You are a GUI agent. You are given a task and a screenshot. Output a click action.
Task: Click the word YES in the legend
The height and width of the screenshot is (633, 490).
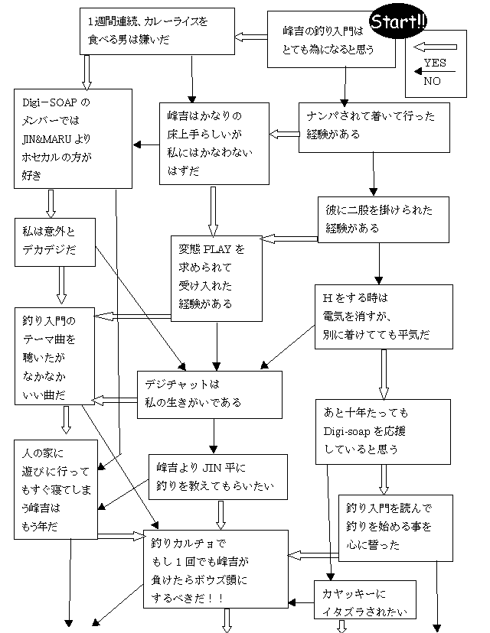(x=436, y=63)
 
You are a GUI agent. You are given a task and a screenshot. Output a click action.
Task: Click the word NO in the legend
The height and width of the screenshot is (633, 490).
(x=433, y=80)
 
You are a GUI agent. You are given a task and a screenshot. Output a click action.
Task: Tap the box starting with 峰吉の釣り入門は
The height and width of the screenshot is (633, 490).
(x=330, y=40)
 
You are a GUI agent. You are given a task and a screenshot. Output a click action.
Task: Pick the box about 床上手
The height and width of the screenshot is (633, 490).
(x=214, y=144)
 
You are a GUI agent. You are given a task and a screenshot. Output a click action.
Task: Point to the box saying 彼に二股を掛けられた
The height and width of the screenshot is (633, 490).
(x=383, y=219)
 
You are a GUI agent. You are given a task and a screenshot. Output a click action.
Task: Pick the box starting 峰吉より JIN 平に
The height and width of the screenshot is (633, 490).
(x=217, y=477)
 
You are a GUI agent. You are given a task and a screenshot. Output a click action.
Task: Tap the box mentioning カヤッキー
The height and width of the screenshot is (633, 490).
(x=365, y=599)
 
